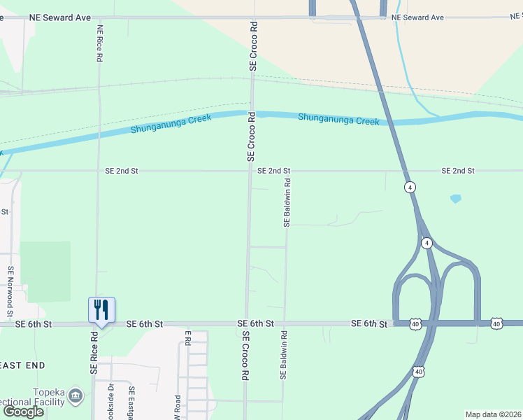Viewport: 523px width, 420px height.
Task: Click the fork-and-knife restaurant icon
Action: click(x=101, y=309)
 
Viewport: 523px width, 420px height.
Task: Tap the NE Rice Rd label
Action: click(x=100, y=43)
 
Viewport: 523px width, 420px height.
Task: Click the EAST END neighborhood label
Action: click(x=22, y=365)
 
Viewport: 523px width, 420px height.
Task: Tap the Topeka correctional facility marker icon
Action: click(x=76, y=397)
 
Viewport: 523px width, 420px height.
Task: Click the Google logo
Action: click(x=24, y=412)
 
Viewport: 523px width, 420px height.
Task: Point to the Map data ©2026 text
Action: click(x=492, y=414)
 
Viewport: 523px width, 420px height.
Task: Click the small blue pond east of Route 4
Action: click(x=456, y=199)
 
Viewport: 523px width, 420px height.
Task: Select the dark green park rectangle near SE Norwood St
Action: click(x=45, y=272)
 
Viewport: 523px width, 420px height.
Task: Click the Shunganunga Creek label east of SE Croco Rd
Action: click(x=338, y=119)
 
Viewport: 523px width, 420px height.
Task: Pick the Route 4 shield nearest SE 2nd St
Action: click(x=409, y=187)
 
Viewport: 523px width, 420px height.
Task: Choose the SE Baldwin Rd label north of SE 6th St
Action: click(x=287, y=202)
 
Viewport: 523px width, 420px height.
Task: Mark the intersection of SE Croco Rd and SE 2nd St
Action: click(x=251, y=170)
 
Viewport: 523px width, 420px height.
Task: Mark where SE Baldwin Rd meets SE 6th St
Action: click(x=285, y=323)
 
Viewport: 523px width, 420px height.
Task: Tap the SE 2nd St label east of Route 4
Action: click(x=458, y=171)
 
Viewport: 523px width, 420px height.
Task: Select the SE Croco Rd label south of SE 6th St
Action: click(x=245, y=356)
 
